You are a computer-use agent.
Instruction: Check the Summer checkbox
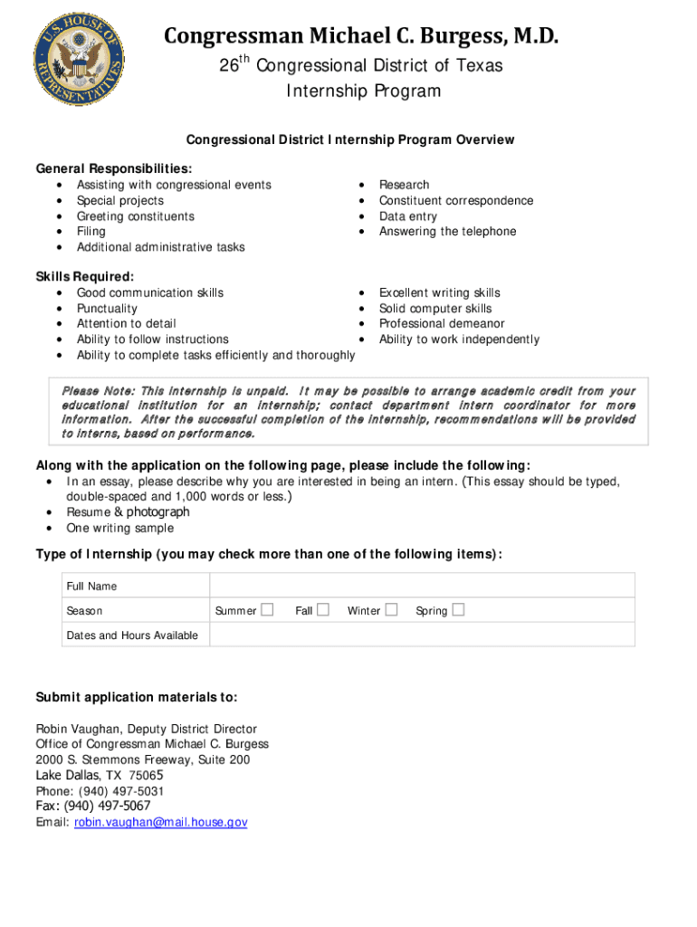[x=267, y=610]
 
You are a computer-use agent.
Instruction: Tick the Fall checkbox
[x=323, y=610]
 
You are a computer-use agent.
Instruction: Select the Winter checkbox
[x=391, y=610]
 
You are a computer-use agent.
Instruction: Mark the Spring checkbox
[x=458, y=610]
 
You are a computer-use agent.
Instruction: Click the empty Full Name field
[x=422, y=586]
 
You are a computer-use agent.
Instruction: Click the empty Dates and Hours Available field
[x=422, y=635]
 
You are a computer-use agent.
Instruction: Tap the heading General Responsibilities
[x=113, y=169]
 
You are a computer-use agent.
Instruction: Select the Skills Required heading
[x=84, y=277]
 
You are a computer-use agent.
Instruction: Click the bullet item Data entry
[x=407, y=216]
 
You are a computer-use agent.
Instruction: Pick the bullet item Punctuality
[x=107, y=309]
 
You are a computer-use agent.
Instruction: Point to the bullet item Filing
[x=91, y=232]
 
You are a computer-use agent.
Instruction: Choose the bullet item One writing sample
[x=119, y=528]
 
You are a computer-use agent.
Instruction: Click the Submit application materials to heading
[x=137, y=697]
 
